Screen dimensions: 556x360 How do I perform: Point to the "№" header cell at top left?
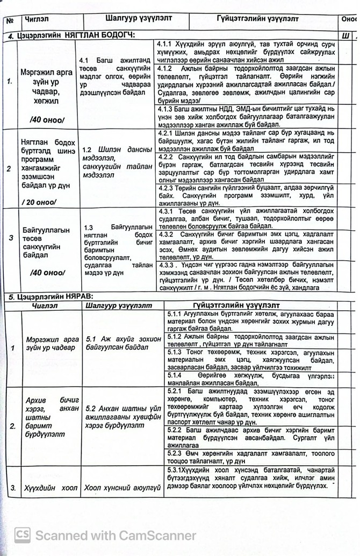coord(10,20)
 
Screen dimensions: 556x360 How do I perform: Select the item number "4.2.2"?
coord(164,156)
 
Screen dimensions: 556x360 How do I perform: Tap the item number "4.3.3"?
coord(166,265)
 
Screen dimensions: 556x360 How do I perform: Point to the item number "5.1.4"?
coord(175,375)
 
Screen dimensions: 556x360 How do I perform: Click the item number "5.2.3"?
coord(175,453)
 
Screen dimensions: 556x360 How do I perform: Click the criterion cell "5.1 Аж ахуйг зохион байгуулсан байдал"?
coord(123,344)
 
